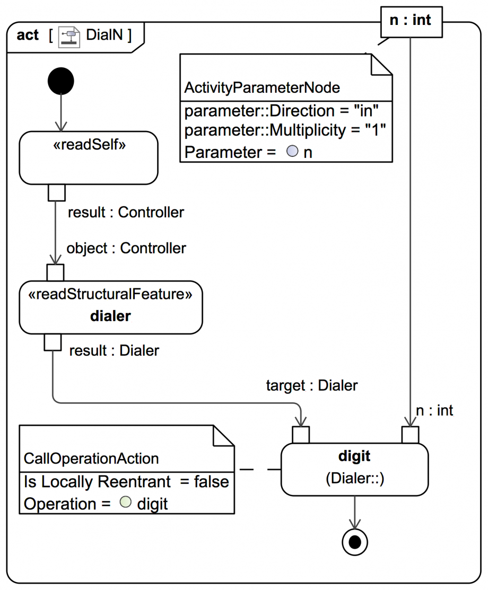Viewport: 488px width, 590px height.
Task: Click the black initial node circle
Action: tap(61, 82)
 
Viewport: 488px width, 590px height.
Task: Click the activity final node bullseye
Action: tap(354, 542)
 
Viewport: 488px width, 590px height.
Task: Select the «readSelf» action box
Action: tap(89, 157)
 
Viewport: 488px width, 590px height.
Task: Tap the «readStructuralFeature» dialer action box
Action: tap(111, 307)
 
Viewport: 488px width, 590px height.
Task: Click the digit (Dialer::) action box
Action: tap(354, 469)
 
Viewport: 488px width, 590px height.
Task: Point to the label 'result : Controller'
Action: tap(126, 213)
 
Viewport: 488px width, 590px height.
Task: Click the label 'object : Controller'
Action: tap(126, 248)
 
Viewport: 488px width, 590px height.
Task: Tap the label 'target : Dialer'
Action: tap(312, 386)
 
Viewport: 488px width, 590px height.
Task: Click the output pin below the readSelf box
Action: tap(56, 192)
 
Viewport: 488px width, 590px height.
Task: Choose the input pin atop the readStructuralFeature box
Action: tap(55, 272)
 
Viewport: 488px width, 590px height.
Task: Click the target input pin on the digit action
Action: tap(301, 435)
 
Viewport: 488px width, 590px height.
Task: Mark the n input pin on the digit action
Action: tap(410, 435)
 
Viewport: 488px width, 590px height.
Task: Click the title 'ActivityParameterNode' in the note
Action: tap(262, 87)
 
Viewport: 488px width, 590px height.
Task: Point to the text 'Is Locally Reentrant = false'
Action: tap(126, 481)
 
